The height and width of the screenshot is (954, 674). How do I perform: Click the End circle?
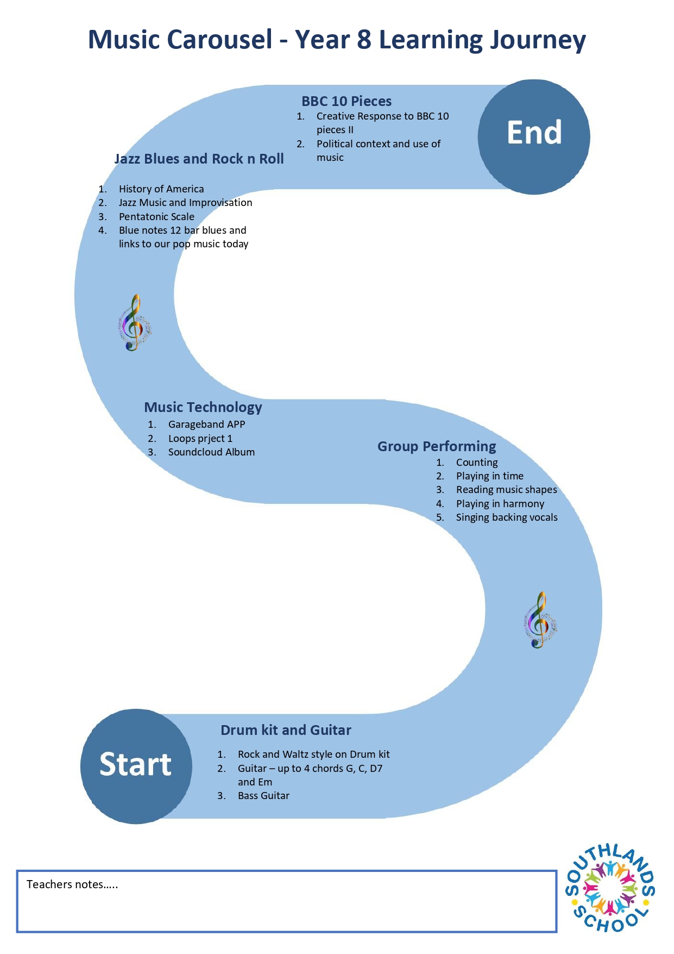pos(534,137)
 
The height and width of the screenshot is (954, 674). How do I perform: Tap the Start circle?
pos(136,766)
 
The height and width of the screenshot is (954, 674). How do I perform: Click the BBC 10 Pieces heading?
pos(347,101)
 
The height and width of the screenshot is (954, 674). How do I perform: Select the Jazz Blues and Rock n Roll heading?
pos(199,159)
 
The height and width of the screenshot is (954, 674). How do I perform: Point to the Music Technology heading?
pos(203,407)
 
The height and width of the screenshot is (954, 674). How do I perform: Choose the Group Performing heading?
pos(437,446)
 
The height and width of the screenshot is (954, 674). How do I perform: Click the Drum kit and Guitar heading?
pos(286,730)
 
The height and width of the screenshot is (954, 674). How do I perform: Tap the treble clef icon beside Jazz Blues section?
pos(135,323)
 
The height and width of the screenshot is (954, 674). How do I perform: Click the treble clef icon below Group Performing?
pos(540,620)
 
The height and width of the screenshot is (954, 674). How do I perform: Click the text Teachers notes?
pos(72,884)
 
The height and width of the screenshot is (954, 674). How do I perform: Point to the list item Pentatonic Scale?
pos(156,216)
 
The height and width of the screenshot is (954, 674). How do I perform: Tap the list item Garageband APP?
pos(206,425)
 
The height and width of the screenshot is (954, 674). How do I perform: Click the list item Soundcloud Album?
pos(211,452)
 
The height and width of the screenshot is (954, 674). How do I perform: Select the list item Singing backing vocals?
pos(507,517)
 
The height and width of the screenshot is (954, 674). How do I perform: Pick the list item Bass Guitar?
pos(263,796)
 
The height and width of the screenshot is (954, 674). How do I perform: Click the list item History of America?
pos(161,189)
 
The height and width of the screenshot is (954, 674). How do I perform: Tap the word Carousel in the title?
pos(219,40)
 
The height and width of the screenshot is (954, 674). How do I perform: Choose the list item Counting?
pos(477,463)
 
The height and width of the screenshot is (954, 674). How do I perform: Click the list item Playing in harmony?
pos(500,504)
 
